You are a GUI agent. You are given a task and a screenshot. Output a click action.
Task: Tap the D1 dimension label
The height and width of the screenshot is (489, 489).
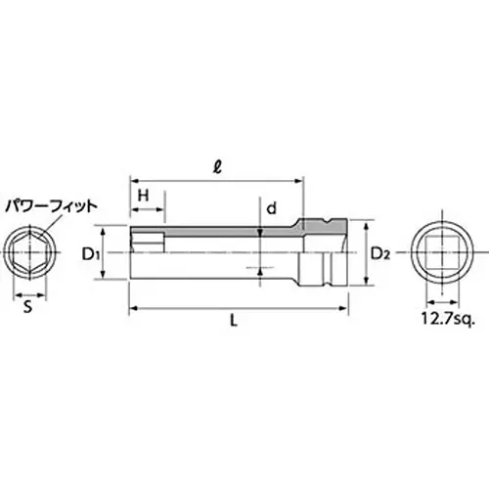coord(91,254)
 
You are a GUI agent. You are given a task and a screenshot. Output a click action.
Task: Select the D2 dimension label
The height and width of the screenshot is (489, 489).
coord(380,253)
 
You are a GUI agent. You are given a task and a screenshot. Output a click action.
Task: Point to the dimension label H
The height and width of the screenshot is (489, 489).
coord(144,196)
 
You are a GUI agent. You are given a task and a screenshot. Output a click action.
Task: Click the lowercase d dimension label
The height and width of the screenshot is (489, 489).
coord(274,207)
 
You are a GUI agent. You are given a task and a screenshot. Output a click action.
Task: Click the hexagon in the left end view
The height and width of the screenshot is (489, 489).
coord(28,254)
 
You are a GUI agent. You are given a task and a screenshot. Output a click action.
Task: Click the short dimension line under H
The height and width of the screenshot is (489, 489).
coord(147,213)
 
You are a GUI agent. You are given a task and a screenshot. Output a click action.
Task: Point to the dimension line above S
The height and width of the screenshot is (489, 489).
coord(28,292)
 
